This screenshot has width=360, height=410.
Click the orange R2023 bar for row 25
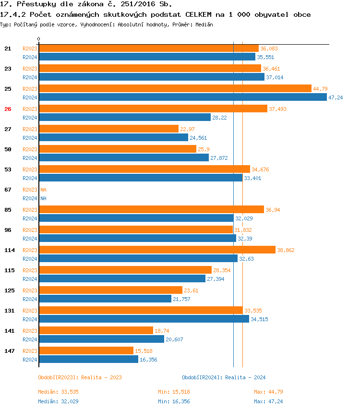[x=175, y=89]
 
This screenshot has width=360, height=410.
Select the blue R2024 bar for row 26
[x=124, y=118]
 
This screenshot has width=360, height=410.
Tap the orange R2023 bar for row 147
[x=86, y=351]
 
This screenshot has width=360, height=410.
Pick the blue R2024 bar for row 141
[x=101, y=339]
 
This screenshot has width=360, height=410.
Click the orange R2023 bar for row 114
[x=157, y=250]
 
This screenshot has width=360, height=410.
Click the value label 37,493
[x=277, y=109]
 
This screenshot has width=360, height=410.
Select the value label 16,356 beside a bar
[x=148, y=360]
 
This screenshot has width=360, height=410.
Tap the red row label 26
[x=8, y=109]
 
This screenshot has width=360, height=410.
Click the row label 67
[x=8, y=190]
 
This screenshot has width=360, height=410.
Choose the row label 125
[x=9, y=290]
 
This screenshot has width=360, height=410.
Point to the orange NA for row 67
[x=43, y=190]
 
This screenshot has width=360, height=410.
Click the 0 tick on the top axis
[x=39, y=39]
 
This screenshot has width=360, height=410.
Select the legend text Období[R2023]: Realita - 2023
[x=80, y=377]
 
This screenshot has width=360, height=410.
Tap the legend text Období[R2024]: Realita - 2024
[x=224, y=377]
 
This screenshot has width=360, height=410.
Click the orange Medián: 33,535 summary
[x=59, y=392]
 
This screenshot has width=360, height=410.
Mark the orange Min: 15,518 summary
[x=177, y=392]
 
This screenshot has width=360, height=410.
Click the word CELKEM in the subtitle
[x=198, y=14]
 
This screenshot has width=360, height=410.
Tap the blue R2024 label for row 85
[x=30, y=218]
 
